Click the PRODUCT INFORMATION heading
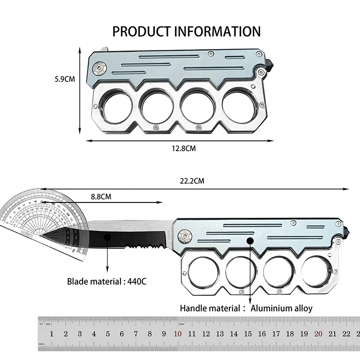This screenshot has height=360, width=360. click(x=186, y=31)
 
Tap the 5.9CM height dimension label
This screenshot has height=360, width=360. click(x=64, y=79)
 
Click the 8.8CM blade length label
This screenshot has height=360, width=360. click(x=101, y=197)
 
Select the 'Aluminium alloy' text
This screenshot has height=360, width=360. click(x=281, y=308)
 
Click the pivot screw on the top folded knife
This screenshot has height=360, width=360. click(x=99, y=68)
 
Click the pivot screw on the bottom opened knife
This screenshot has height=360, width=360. click(x=184, y=235)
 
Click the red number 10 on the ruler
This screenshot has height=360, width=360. click(x=177, y=334)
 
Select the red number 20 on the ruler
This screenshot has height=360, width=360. click(x=318, y=334)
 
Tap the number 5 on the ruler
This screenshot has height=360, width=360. click(x=108, y=334)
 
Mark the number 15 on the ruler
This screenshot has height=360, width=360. click(x=248, y=334)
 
